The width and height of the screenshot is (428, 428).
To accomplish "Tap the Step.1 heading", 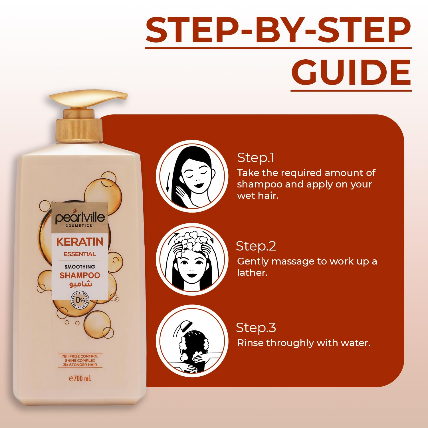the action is point(256,158).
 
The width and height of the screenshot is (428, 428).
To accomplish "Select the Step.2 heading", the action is point(256,246).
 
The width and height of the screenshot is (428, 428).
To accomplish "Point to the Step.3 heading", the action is point(256,328).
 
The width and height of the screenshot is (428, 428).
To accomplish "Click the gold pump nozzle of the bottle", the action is point(88,98).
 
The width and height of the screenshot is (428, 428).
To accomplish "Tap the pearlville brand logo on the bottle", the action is point(80,219).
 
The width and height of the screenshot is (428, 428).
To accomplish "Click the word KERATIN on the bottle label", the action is point(80,242).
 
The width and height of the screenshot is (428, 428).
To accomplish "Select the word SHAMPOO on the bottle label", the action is point(80,275).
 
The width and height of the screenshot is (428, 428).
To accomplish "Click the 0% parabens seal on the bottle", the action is point(80,300).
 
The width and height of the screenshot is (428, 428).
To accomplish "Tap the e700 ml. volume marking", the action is point(80,379).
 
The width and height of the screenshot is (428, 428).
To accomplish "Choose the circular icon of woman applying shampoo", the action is point(192,176).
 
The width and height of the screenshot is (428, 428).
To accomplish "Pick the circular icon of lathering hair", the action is point(192,259).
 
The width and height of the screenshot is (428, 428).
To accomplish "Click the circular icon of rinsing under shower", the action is point(192,341).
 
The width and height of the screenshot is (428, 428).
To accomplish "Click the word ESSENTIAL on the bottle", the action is point(80,254).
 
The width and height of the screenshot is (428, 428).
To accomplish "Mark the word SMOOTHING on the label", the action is point(80,267).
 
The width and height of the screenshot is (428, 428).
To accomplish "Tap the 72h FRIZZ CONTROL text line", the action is point(80,356).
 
